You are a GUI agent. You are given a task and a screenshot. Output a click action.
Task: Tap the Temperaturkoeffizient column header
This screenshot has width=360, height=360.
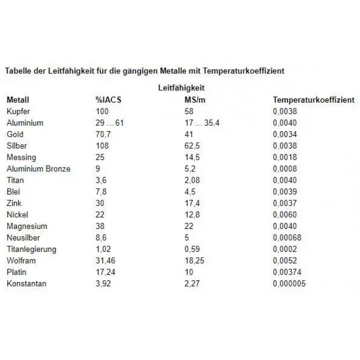(x=313, y=100)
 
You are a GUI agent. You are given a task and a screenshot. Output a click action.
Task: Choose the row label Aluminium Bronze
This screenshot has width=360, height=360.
(x=38, y=169)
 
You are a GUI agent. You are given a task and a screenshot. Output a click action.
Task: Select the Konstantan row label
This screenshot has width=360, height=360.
(x=26, y=284)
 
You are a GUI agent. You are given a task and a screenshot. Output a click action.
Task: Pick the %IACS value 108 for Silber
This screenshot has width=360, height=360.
(x=102, y=146)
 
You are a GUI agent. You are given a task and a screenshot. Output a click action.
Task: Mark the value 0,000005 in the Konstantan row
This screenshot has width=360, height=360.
(x=289, y=284)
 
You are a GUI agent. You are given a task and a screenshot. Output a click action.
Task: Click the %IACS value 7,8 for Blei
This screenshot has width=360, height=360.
(x=101, y=192)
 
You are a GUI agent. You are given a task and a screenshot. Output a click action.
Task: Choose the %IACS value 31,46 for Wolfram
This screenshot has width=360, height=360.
(x=106, y=261)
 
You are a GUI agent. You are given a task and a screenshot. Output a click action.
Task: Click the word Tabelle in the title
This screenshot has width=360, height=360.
(x=18, y=71)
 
